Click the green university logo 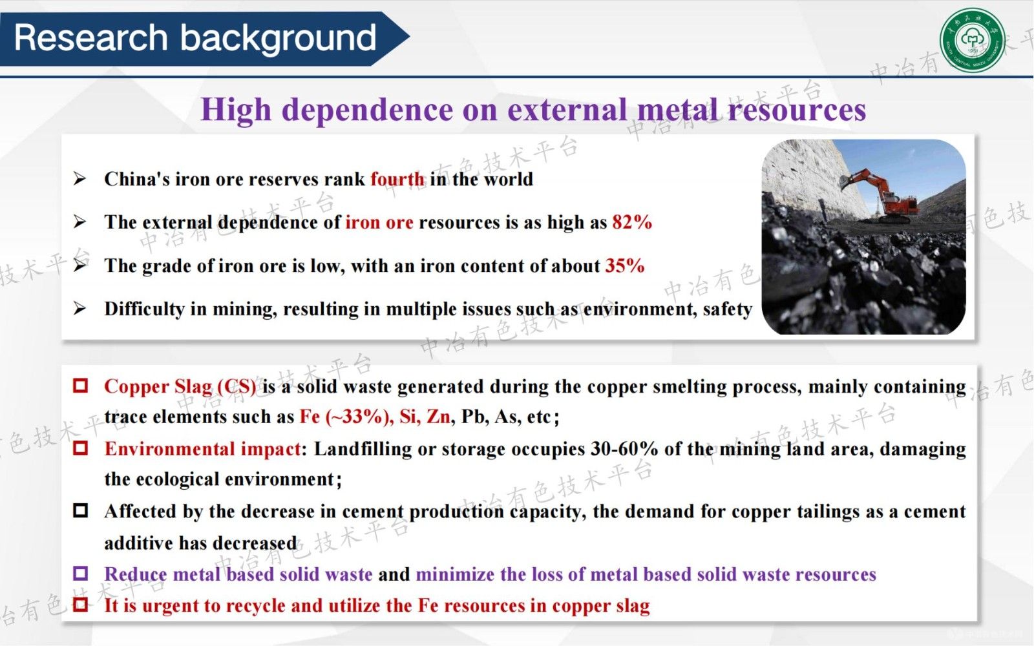(973, 40)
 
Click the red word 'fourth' (397, 179)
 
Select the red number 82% (632, 222)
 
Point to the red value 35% (624, 266)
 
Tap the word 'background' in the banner (279, 38)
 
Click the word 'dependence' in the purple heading (367, 110)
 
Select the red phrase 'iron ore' (379, 222)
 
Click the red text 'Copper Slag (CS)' (180, 387)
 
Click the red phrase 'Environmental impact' (203, 448)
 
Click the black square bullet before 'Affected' (80, 510)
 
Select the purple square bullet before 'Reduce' (80, 573)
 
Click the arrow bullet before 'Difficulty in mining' (79, 307)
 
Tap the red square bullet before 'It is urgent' (80, 604)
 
